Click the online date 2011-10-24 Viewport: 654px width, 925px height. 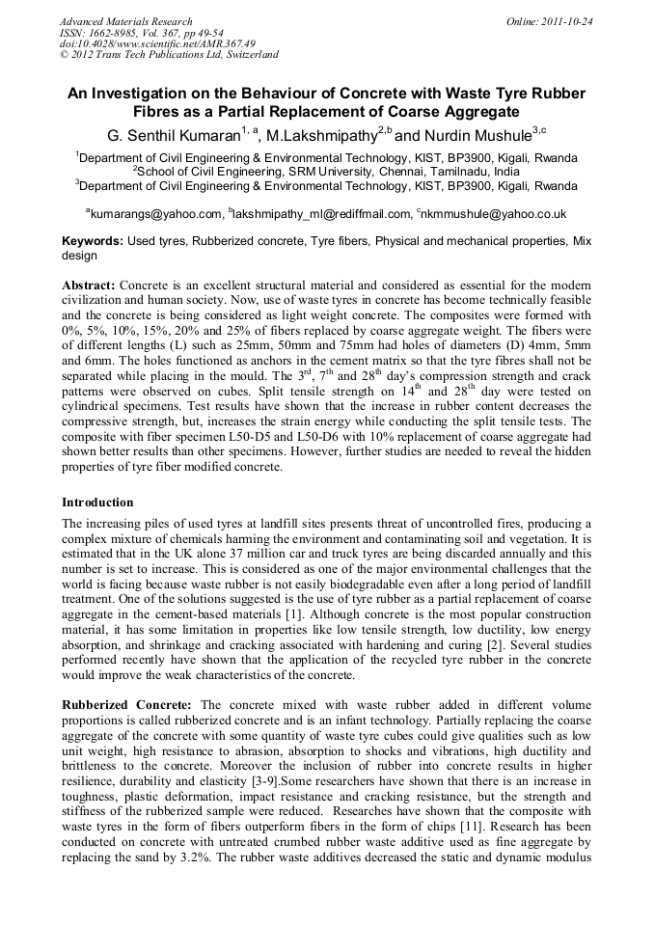pyautogui.click(x=567, y=21)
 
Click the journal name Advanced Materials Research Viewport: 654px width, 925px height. pyautogui.click(x=125, y=21)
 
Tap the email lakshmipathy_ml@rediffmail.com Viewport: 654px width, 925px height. pyautogui.click(x=322, y=214)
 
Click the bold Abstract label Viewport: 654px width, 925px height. pyautogui.click(x=89, y=287)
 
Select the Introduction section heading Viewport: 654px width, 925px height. pyautogui.click(x=97, y=503)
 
